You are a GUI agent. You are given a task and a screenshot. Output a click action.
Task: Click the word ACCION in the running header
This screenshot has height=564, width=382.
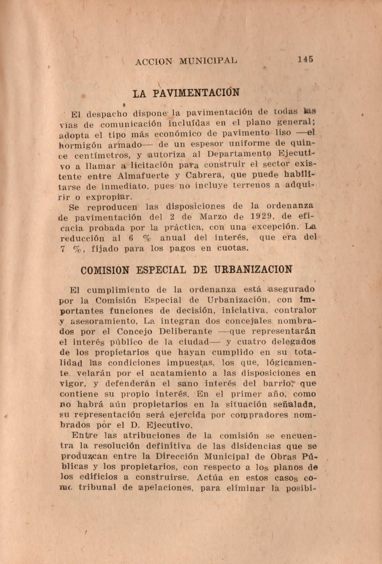pyautogui.click(x=153, y=62)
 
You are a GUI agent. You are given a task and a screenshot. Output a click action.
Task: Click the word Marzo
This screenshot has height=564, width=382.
pyautogui.click(x=211, y=217)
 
